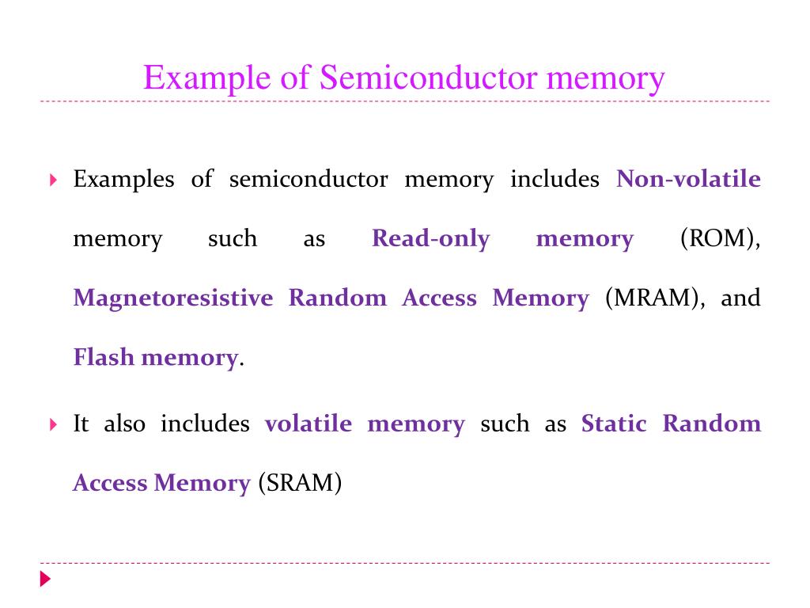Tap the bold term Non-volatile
pyautogui.click(x=688, y=179)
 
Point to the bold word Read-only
pyautogui.click(x=430, y=238)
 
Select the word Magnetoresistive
pyautogui.click(x=172, y=298)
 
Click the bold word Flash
pyautogui.click(x=104, y=358)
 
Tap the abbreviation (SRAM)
pyautogui.click(x=300, y=483)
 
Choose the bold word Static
pyautogui.click(x=613, y=424)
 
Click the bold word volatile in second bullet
pyautogui.click(x=308, y=424)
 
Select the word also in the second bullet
pyautogui.click(x=125, y=424)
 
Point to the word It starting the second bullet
pyautogui.click(x=81, y=424)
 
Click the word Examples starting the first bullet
pyautogui.click(x=123, y=179)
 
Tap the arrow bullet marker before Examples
pyautogui.click(x=53, y=180)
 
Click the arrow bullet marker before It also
pyautogui.click(x=53, y=425)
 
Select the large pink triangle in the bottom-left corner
pyautogui.click(x=45, y=579)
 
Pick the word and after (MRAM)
pyautogui.click(x=740, y=298)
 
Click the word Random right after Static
pyautogui.click(x=711, y=424)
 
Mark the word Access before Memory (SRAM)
pyautogui.click(x=110, y=483)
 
